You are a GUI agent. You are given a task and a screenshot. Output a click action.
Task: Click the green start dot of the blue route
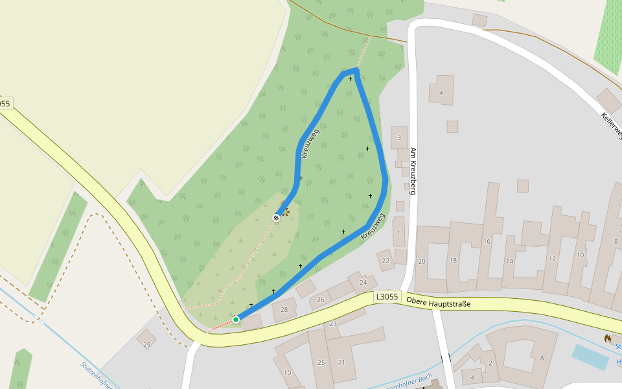(236, 319)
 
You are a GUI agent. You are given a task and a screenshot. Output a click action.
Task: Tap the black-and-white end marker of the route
(277, 218)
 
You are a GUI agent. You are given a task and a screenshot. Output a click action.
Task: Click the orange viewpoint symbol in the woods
(284, 211)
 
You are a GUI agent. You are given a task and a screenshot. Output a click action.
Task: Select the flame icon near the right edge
(608, 338)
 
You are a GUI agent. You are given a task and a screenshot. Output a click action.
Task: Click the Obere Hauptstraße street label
(438, 302)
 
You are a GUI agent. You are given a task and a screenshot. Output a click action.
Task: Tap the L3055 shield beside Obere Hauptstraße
(387, 297)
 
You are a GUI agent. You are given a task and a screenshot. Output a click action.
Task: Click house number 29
(146, 344)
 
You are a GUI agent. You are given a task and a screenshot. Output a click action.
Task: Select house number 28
(284, 310)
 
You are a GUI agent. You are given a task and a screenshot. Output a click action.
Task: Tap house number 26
(320, 300)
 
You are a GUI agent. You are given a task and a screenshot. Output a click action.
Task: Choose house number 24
(363, 282)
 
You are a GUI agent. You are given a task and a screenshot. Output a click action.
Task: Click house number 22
(386, 261)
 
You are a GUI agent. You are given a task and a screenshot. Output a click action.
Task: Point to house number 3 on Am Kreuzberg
(399, 137)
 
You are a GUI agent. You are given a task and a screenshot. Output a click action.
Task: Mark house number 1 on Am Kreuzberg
(398, 233)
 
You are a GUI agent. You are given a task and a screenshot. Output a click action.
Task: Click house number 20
(421, 261)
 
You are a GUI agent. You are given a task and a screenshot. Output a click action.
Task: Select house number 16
(487, 241)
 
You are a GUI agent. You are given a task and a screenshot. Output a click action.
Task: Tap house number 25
(321, 362)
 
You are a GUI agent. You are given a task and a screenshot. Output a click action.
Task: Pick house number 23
(333, 324)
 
